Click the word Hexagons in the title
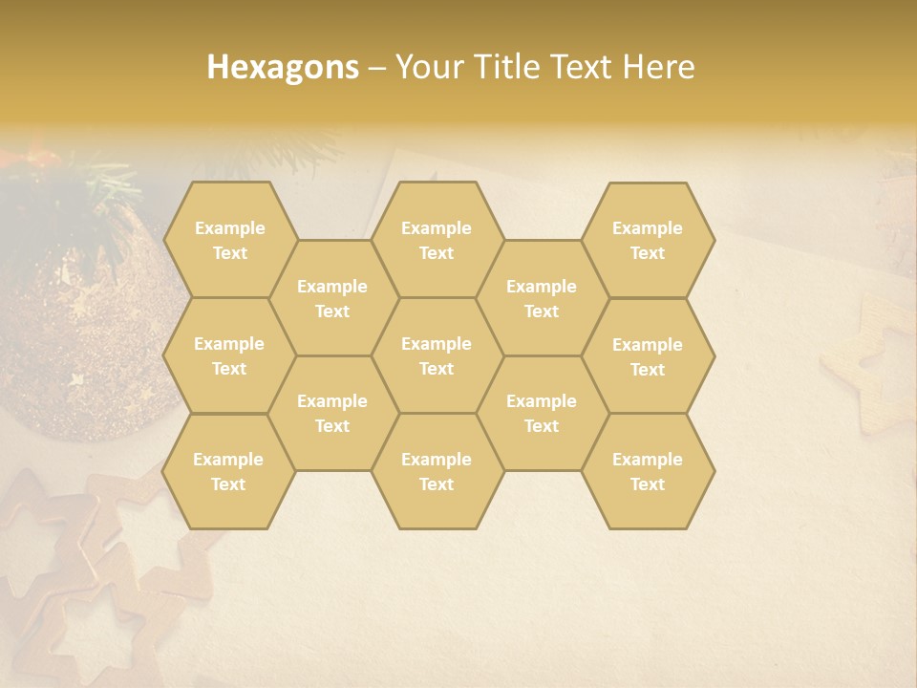tap(283, 67)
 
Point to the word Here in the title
tap(658, 67)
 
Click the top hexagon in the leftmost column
tap(229, 240)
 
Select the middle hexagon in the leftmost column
tap(229, 355)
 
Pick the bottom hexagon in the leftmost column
tap(228, 471)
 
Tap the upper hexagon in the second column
tap(332, 298)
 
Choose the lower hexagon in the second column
tap(332, 413)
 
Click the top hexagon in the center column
tap(437, 240)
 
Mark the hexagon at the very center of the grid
tap(437, 355)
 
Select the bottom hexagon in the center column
tap(437, 471)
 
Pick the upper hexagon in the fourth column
tap(542, 298)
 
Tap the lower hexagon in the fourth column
tap(542, 413)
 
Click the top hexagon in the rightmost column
tap(648, 240)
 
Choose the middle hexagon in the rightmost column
tap(648, 356)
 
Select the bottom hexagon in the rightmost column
tap(648, 471)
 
